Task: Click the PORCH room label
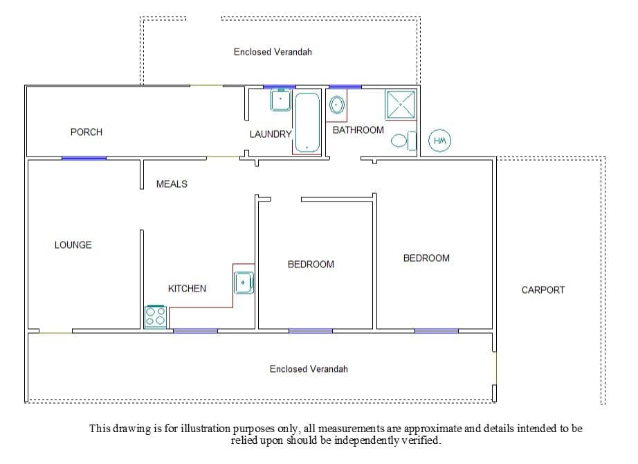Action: [x=86, y=132]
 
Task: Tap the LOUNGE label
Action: [x=73, y=245]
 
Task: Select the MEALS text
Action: [x=172, y=184]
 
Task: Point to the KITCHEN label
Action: [x=187, y=289]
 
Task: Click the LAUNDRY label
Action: [x=271, y=134]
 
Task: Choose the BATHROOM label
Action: [x=358, y=130]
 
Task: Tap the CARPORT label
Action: [x=543, y=290]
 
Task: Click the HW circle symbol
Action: [x=440, y=141]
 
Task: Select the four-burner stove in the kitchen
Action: [x=156, y=316]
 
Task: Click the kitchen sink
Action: [x=244, y=283]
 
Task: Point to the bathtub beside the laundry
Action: [x=307, y=123]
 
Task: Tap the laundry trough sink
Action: [x=281, y=100]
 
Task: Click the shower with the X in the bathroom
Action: [x=401, y=105]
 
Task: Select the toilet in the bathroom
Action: [x=403, y=141]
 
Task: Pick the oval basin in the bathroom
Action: [x=337, y=105]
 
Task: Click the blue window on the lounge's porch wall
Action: [x=84, y=158]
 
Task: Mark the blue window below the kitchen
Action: [x=195, y=331]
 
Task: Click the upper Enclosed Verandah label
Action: [x=273, y=52]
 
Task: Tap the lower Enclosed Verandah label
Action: [x=309, y=369]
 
